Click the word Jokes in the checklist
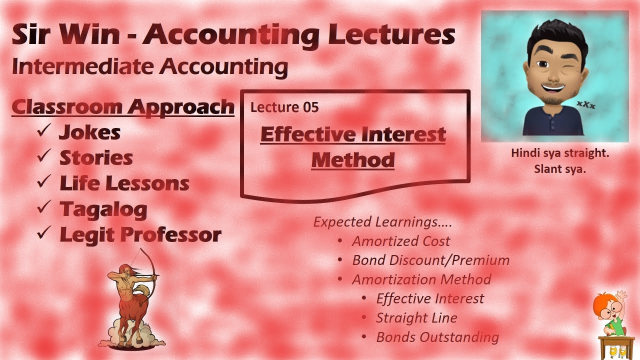pyautogui.click(x=90, y=132)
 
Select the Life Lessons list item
pyautogui.click(x=124, y=183)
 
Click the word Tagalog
pyautogui.click(x=103, y=209)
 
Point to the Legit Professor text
pyautogui.click(x=140, y=234)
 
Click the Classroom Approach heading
pyautogui.click(x=122, y=106)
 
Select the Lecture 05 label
pyautogui.click(x=284, y=107)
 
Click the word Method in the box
pyautogui.click(x=353, y=160)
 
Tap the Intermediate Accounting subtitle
pyautogui.click(x=149, y=67)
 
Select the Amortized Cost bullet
pyautogui.click(x=401, y=241)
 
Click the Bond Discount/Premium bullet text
pyautogui.click(x=430, y=260)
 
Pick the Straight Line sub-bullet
pyautogui.click(x=416, y=318)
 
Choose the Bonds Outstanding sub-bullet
pyautogui.click(x=437, y=337)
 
